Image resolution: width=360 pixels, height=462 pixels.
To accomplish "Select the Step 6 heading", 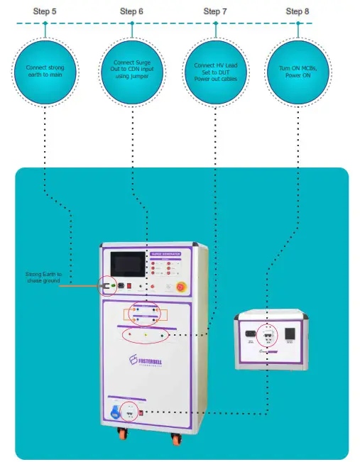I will (x=131, y=11).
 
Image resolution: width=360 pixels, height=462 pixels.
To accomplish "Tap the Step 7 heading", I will (x=215, y=11).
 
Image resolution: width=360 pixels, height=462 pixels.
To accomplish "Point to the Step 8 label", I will (x=298, y=11).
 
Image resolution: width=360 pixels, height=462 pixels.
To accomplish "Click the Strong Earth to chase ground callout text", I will (x=44, y=277).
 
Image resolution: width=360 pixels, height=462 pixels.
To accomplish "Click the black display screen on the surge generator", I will (x=127, y=265).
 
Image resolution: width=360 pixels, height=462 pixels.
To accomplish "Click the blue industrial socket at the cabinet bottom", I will (x=115, y=411).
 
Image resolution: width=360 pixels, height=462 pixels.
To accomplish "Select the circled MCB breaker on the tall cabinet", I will (x=130, y=410).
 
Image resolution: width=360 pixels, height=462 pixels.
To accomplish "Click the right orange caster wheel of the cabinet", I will (x=175, y=437).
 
